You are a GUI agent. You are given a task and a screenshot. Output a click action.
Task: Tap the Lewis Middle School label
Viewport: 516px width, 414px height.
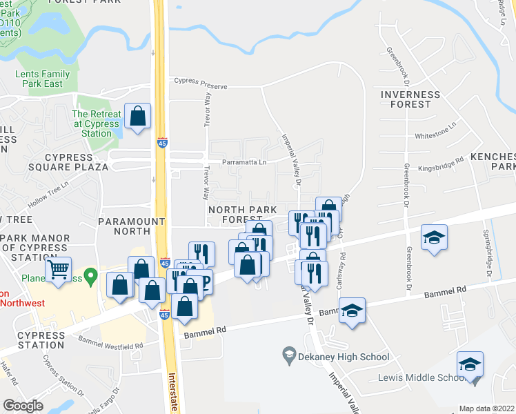tap(416, 377)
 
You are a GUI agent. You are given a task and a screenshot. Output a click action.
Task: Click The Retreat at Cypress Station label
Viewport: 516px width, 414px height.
tap(92, 124)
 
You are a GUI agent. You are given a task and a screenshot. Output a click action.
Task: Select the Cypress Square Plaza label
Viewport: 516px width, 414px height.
tap(68, 161)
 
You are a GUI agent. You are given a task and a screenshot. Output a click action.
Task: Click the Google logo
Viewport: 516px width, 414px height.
tap(23, 405)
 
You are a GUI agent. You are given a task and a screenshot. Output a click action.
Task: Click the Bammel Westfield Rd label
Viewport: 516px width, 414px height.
tap(110, 341)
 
